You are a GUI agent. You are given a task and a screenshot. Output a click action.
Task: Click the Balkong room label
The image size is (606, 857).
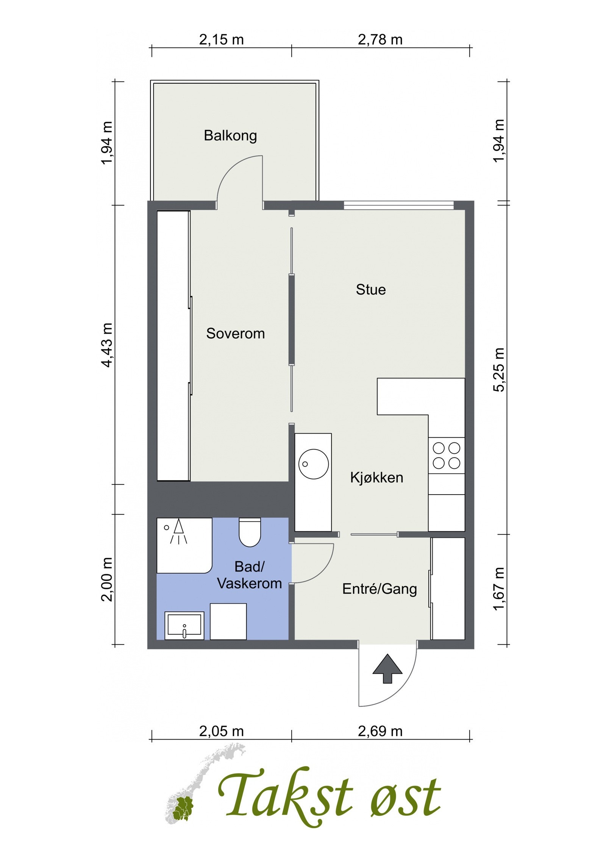coord(230,136)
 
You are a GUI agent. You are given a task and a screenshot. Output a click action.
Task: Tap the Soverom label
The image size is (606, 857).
coord(235,333)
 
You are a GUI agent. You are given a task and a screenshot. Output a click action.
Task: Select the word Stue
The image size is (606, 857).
coord(371,290)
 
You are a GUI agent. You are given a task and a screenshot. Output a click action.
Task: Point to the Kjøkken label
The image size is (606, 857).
coord(376,478)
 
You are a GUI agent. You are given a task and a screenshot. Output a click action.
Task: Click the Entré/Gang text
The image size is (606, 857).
coord(380,589)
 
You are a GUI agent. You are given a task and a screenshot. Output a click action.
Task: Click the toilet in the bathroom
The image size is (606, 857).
coord(250,532)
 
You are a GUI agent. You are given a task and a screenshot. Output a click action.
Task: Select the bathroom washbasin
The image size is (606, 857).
coord(184,626)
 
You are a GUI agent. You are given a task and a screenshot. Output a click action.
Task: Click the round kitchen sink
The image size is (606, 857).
coord(314,464)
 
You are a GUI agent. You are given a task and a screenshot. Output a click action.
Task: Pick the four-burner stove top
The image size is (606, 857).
coord(447,456)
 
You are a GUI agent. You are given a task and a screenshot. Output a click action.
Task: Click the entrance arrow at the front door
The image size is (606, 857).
coord(387,669)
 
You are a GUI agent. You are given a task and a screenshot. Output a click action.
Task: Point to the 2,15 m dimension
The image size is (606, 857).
coord(222,39)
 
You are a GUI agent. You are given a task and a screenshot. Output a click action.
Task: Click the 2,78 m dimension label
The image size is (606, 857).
coord(380,39)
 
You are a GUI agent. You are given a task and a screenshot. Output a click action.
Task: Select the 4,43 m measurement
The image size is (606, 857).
coord(107,345)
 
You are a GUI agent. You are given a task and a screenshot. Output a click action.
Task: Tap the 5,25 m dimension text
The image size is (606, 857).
coord(499,370)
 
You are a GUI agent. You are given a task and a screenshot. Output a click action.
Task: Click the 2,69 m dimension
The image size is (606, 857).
coord(380,731)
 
